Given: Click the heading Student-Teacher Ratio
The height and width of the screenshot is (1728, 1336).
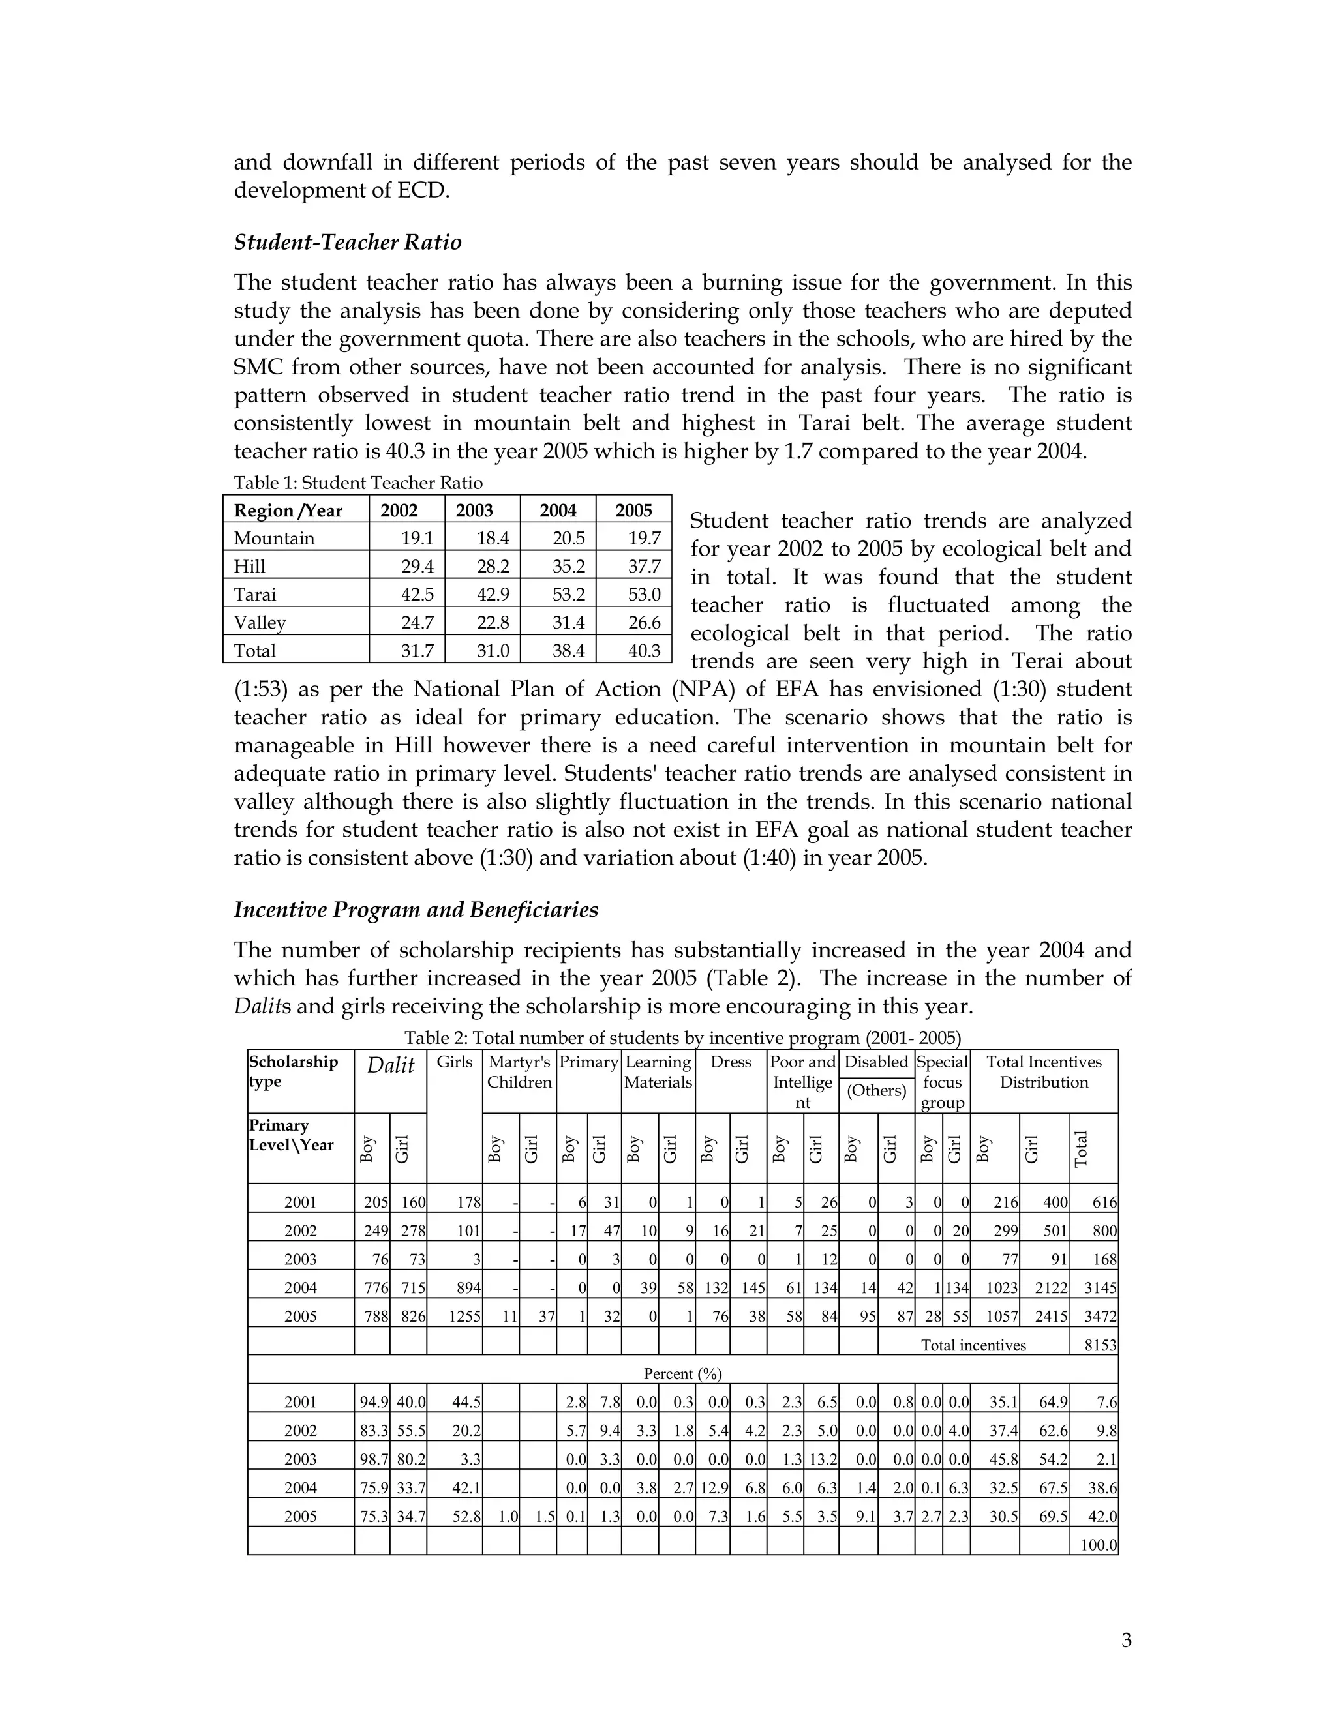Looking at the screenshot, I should (x=348, y=242).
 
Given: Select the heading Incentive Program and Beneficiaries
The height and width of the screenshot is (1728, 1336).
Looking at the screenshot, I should (x=416, y=910).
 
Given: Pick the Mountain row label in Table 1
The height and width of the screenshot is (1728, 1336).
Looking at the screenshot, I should (x=274, y=538).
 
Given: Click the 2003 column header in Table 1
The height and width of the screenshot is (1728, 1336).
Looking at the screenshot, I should (x=474, y=511).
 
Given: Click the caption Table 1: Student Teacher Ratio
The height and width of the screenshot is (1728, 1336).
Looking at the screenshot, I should (x=357, y=483).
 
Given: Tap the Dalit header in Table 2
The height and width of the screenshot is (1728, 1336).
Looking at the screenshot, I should (x=390, y=1065).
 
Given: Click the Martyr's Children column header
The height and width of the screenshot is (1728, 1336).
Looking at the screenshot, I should (x=519, y=1072).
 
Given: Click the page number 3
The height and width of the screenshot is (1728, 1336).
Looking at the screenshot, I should (x=1125, y=1640).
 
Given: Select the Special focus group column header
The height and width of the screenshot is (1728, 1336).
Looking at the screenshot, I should (x=942, y=1082).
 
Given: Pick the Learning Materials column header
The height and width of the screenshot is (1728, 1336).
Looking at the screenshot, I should (x=658, y=1072).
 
